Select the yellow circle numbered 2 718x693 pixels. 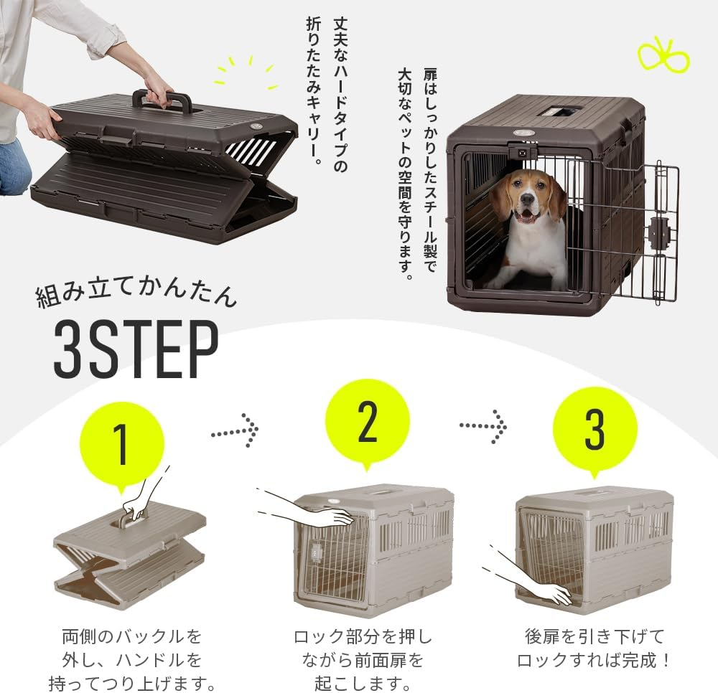pos(367,422)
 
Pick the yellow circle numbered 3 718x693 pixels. pos(595,428)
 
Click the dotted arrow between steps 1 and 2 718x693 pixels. pos(234,430)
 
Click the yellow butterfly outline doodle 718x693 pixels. pos(663,57)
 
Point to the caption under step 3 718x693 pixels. pos(595,648)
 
